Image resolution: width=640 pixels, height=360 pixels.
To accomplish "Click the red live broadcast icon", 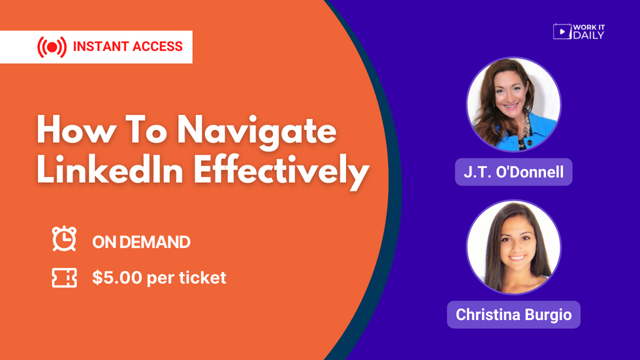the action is [x=52, y=47].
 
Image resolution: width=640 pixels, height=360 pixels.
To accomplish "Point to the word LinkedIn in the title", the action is [x=110, y=170].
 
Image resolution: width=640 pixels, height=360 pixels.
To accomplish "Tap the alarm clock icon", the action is [x=64, y=238].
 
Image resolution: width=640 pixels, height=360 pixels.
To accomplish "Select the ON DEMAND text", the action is [x=141, y=242].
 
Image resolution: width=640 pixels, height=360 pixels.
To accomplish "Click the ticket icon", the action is [x=64, y=278].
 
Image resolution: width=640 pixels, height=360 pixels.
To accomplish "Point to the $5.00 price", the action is [x=117, y=278].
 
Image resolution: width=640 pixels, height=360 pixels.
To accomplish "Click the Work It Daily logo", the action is [x=579, y=31].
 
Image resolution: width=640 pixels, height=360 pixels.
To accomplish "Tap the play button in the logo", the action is [x=562, y=31].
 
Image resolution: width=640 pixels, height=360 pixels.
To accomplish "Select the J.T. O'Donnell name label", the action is [x=513, y=172].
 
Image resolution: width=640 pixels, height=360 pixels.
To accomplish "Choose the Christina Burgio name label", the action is [x=513, y=315].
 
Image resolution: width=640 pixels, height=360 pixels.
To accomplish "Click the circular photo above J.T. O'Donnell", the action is [x=513, y=105].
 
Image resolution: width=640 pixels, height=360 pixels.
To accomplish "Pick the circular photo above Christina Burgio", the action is [x=513, y=248].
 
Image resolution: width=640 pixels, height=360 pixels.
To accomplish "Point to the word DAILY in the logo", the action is [x=588, y=35].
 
